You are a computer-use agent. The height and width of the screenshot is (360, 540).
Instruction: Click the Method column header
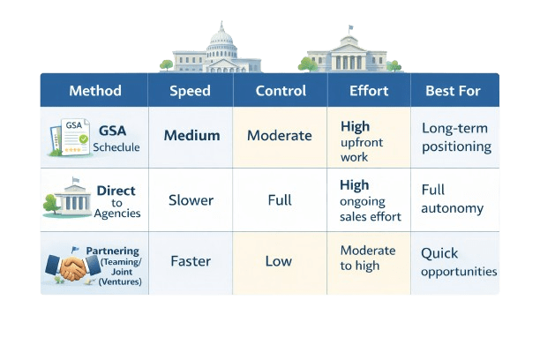tap(94, 91)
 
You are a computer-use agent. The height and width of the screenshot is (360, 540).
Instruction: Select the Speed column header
tap(190, 91)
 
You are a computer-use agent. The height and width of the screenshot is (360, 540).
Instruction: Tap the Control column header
tap(280, 91)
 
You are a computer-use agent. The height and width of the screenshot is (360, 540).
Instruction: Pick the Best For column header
tap(454, 91)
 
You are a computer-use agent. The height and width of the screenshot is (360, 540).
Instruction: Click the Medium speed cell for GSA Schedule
tap(191, 136)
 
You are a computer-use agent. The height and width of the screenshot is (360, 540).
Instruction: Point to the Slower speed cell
tap(191, 200)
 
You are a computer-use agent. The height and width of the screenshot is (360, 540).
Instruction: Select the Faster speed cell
tap(191, 261)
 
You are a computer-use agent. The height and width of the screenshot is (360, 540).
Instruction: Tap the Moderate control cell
tap(279, 136)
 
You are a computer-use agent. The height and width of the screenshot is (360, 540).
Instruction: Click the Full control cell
tap(279, 200)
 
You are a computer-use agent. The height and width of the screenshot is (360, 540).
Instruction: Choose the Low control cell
tap(279, 261)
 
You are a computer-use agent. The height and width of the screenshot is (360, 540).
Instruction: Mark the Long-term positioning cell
tap(456, 138)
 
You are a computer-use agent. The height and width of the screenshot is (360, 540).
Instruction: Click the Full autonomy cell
tap(452, 199)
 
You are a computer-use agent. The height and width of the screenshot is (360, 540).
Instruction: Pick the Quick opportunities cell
tap(458, 262)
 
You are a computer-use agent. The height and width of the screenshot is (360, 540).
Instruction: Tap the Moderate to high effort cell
tap(368, 259)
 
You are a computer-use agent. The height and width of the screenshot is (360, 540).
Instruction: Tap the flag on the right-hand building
tap(350, 28)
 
